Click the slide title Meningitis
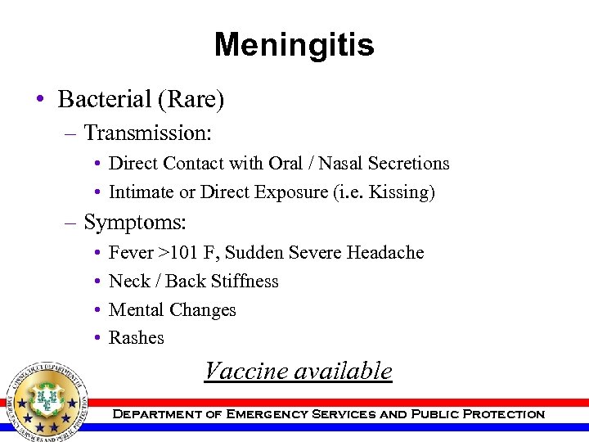(x=294, y=45)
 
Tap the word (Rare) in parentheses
(x=195, y=100)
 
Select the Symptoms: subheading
(x=135, y=222)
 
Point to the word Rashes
(x=137, y=338)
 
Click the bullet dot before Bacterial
(x=39, y=101)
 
